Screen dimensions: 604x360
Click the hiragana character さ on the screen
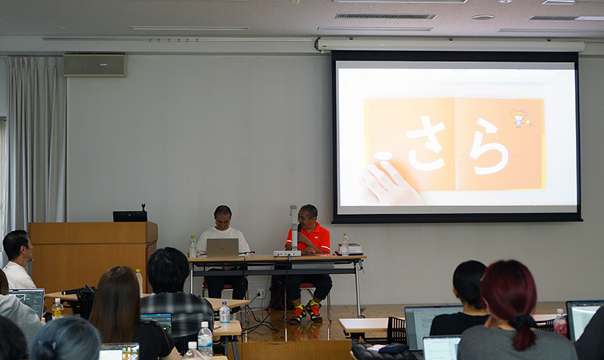tap(426, 143)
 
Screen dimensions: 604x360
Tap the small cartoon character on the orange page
tap(519, 118)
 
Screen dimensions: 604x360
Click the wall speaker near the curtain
tap(95, 64)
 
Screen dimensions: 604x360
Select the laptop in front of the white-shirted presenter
tap(222, 248)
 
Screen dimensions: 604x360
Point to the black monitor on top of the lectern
tap(130, 216)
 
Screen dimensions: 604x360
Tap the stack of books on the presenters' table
tap(351, 249)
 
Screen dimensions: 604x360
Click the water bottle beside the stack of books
tap(345, 245)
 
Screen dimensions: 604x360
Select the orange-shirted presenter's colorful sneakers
tap(306, 311)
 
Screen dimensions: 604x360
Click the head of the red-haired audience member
tap(508, 290)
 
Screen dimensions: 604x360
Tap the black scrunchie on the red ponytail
tap(522, 322)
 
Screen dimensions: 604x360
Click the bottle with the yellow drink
tap(57, 308)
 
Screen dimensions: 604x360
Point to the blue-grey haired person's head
tap(66, 338)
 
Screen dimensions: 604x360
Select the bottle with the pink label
tap(560, 323)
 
